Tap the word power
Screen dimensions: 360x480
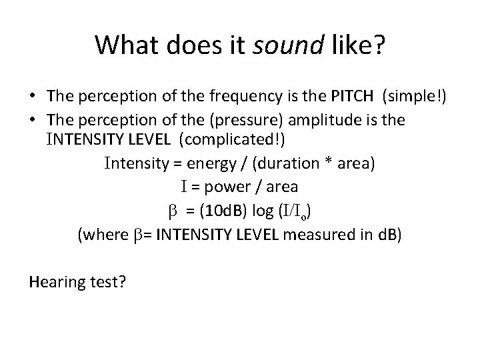(227, 187)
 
